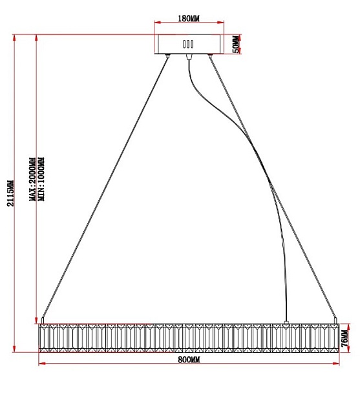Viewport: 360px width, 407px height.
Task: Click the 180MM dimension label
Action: [x=189, y=19]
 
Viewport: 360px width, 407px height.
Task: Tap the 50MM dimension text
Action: [x=237, y=44]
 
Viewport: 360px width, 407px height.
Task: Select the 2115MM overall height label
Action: [x=10, y=193]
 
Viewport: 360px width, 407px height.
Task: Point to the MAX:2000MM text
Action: [x=33, y=179]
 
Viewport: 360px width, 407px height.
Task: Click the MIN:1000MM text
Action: [x=41, y=179]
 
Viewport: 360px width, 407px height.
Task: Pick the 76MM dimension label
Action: [x=344, y=338]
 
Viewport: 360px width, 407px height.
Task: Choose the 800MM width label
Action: [x=189, y=359]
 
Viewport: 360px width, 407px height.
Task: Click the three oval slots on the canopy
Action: [x=188, y=44]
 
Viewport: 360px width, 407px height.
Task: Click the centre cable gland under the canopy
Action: [x=189, y=56]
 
